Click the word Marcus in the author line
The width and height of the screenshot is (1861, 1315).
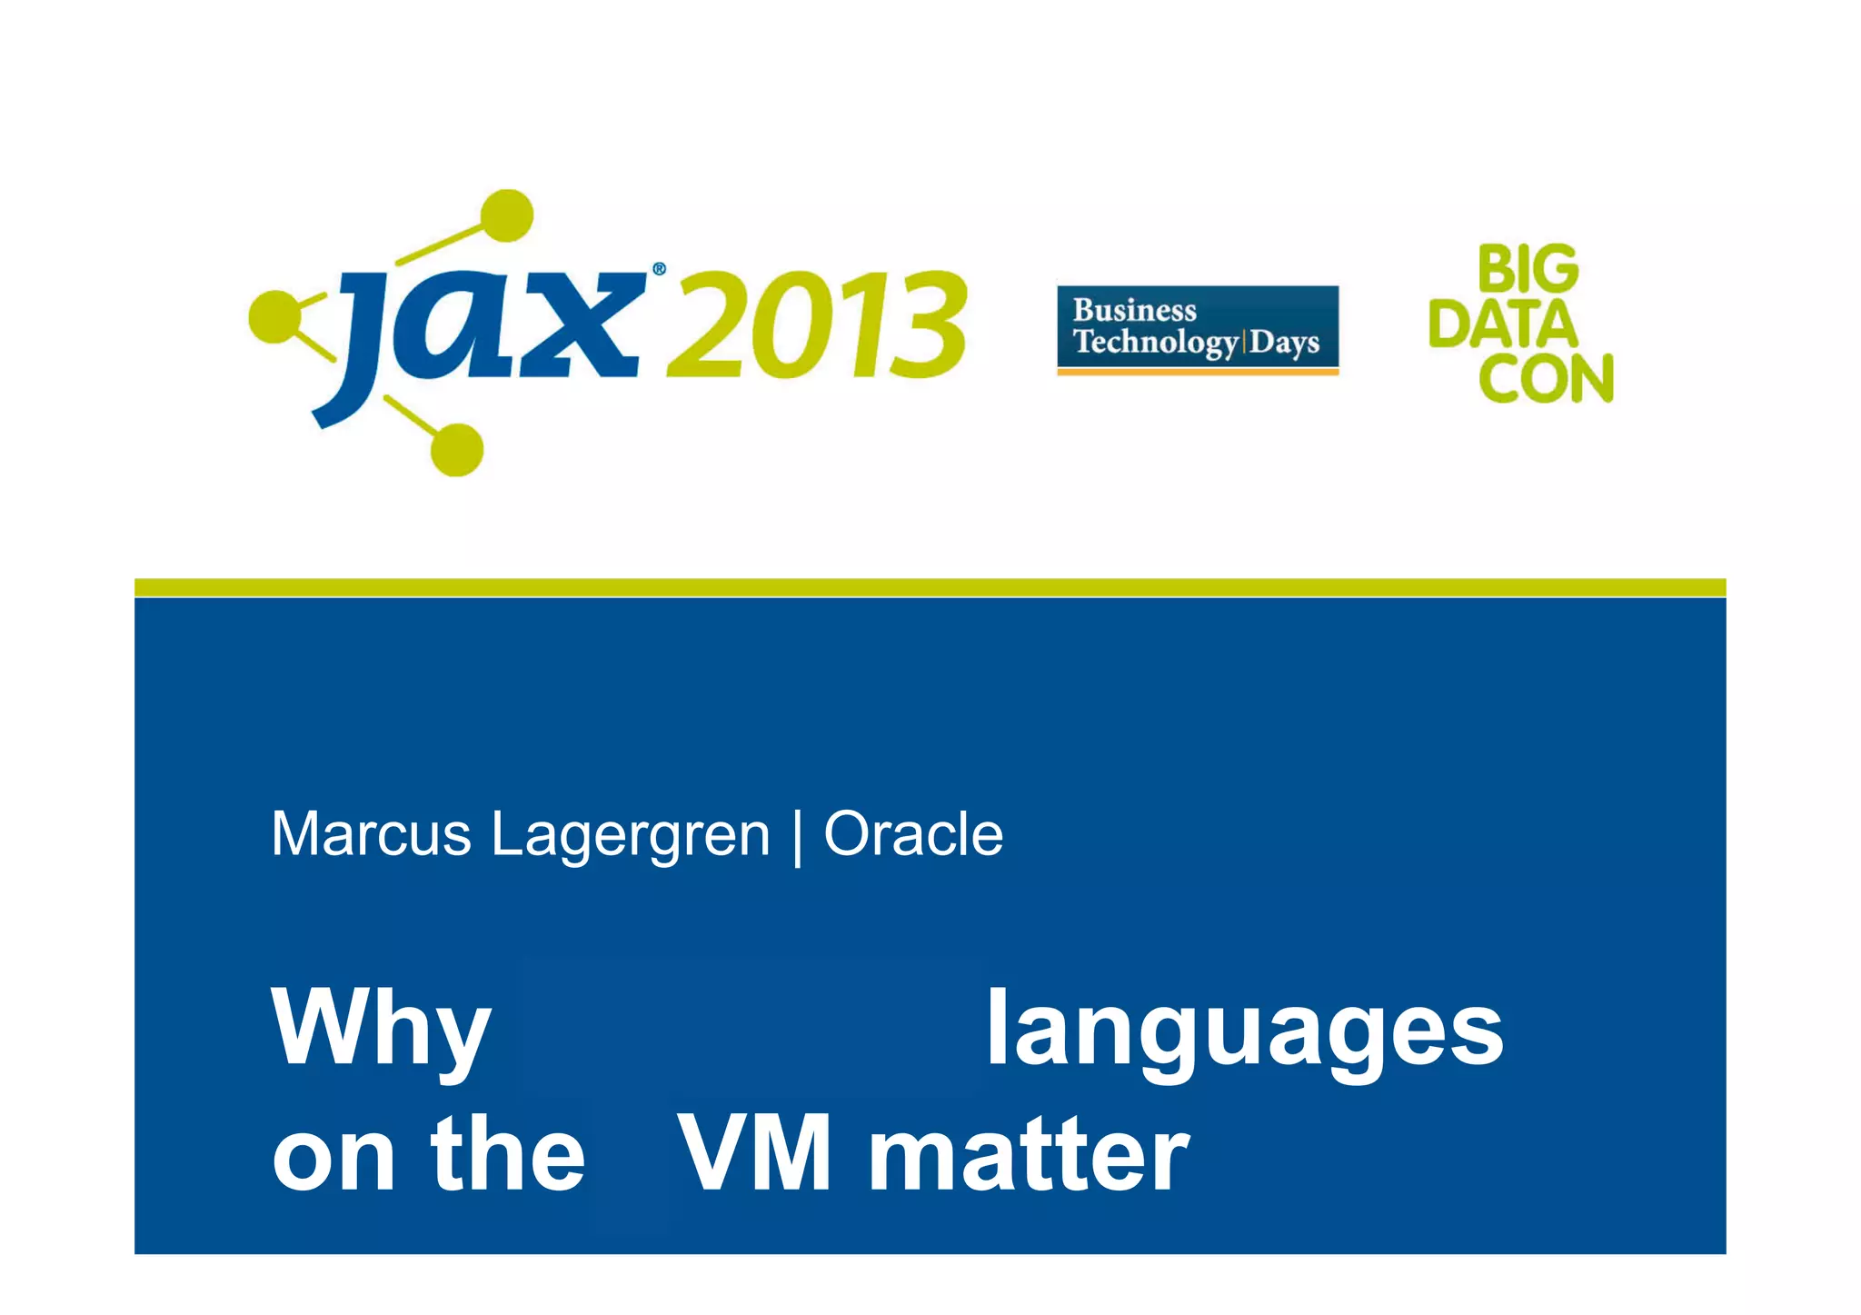coord(371,834)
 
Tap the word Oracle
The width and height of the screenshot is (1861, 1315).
coord(912,834)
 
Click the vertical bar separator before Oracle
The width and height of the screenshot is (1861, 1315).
coord(797,836)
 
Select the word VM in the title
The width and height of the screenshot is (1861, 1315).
coord(755,1154)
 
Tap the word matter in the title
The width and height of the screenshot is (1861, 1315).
coord(1029,1154)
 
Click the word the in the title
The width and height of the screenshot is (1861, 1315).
coord(508,1154)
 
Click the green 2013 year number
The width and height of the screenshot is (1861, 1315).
coord(816,325)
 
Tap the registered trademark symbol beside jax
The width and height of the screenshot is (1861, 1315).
coord(659,269)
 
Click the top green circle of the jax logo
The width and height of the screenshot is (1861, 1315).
coord(506,215)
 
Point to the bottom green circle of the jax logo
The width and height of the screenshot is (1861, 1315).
coord(456,449)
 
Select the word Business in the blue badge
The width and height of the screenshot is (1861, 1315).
coord(1134,311)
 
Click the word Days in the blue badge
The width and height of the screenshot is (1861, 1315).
coord(1284,343)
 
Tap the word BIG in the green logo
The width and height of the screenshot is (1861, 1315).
coord(1528,270)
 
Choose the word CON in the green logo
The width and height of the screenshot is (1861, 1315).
coord(1546,378)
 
